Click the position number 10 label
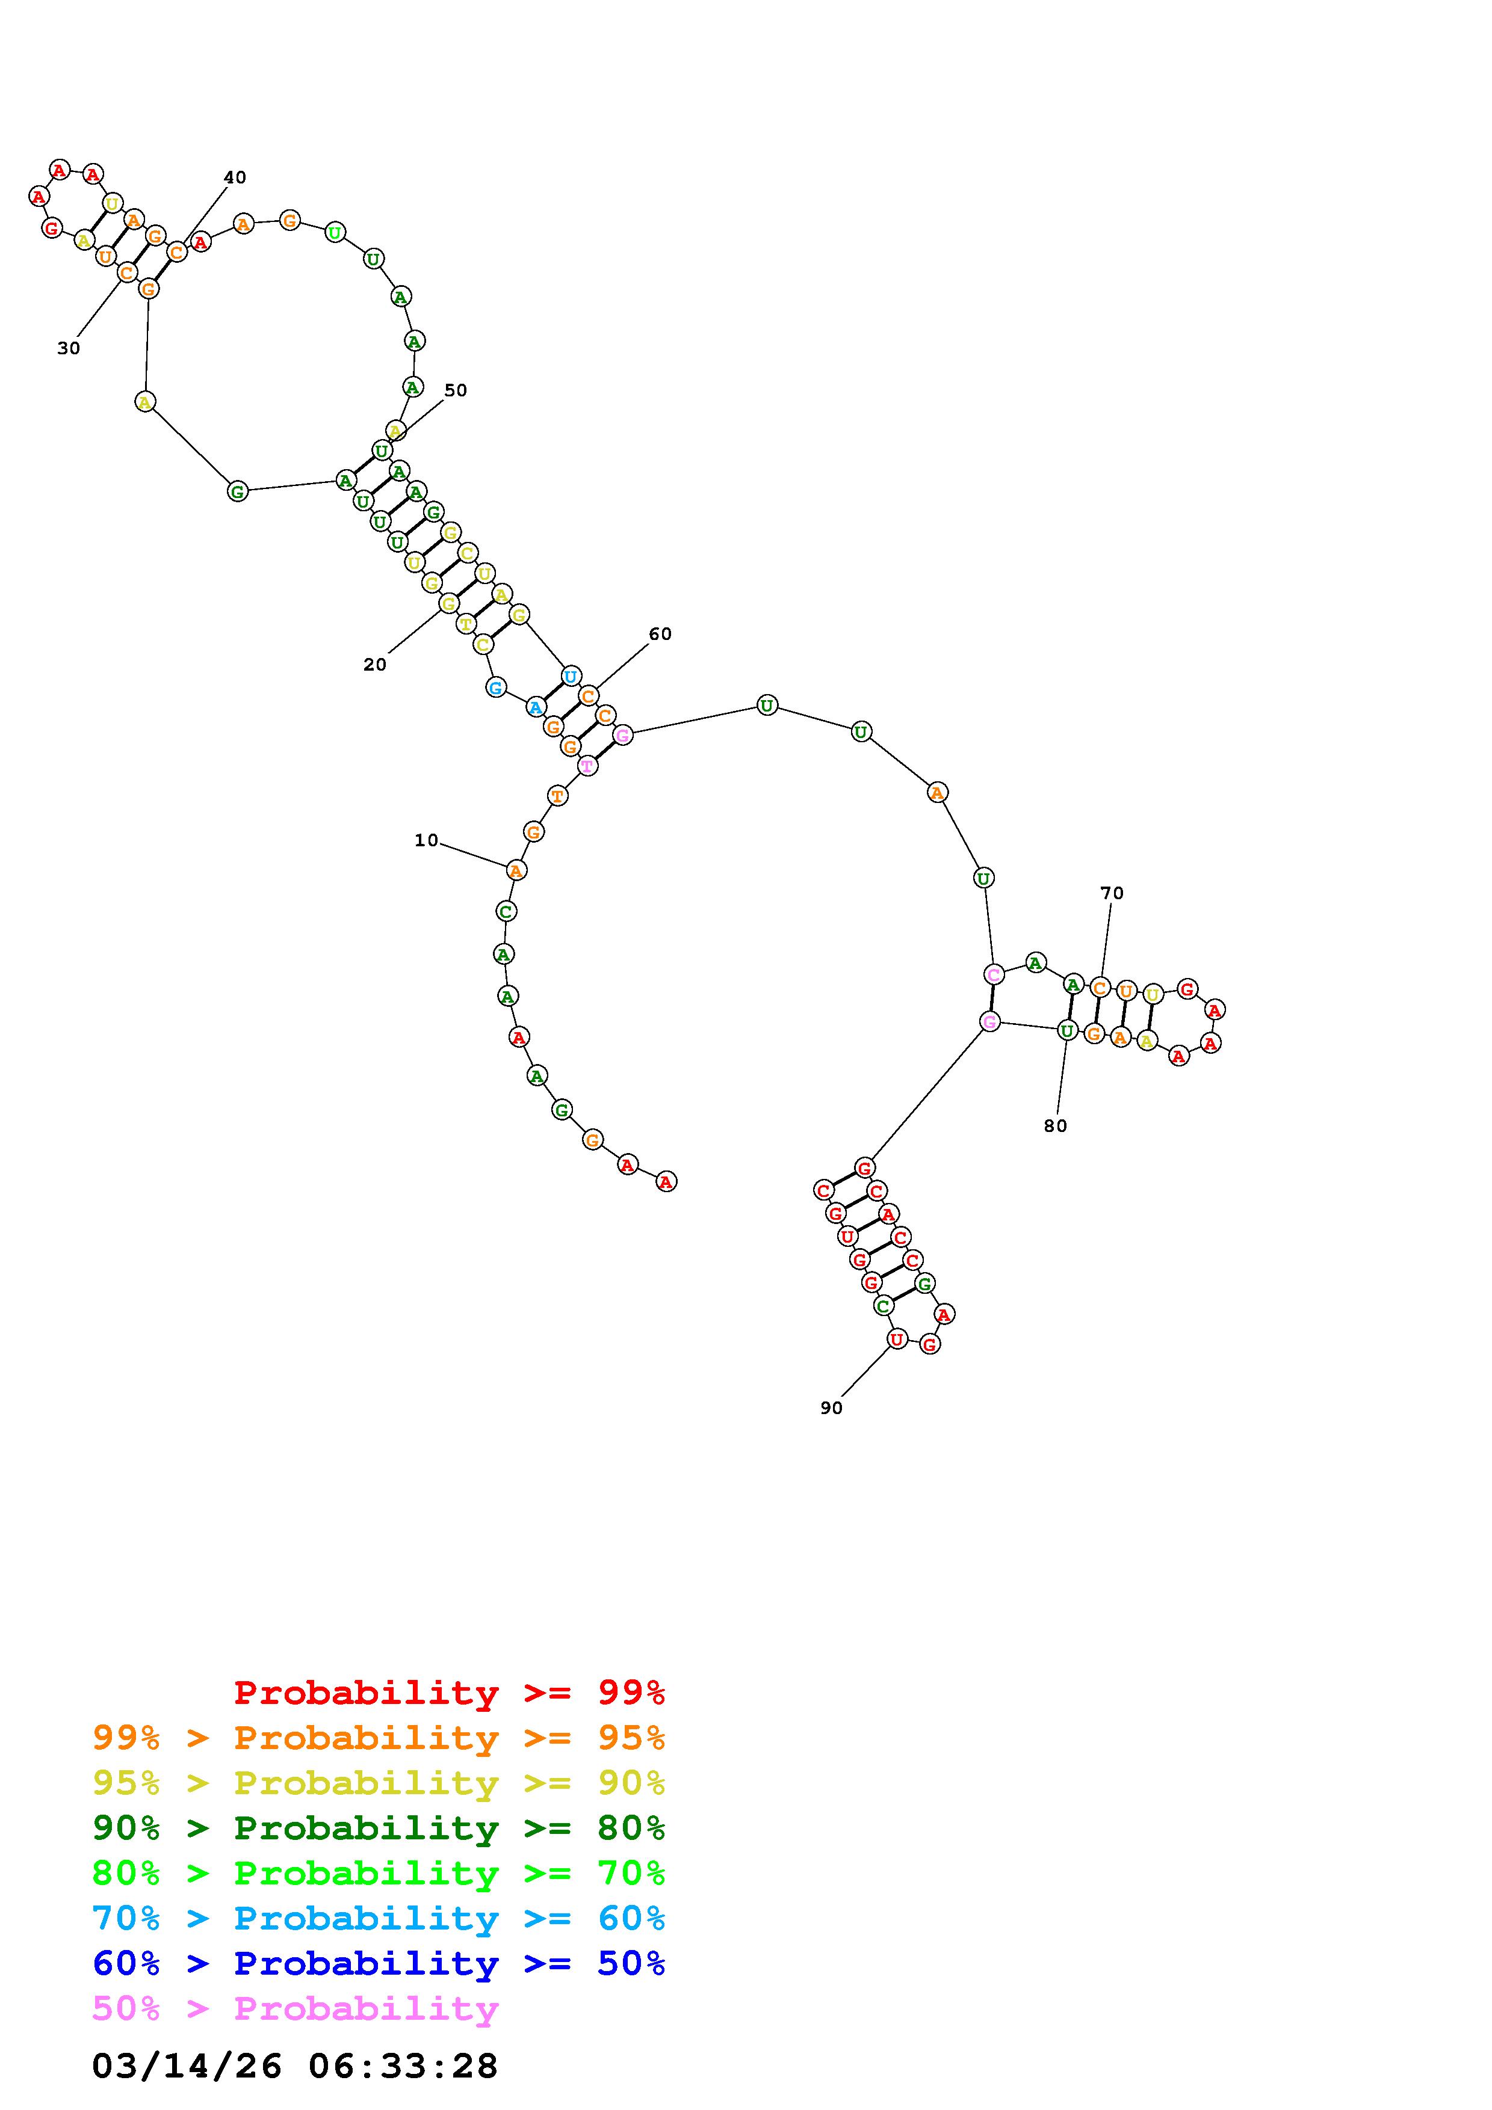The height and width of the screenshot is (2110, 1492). click(426, 840)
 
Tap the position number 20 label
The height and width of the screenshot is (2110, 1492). click(374, 665)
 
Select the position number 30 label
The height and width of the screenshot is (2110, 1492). click(68, 348)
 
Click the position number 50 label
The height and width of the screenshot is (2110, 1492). click(455, 390)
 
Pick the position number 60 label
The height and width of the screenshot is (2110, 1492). click(660, 633)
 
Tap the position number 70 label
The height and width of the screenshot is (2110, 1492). click(1112, 893)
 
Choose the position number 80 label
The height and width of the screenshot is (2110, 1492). click(1055, 1126)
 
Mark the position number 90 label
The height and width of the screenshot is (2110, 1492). click(831, 1408)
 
